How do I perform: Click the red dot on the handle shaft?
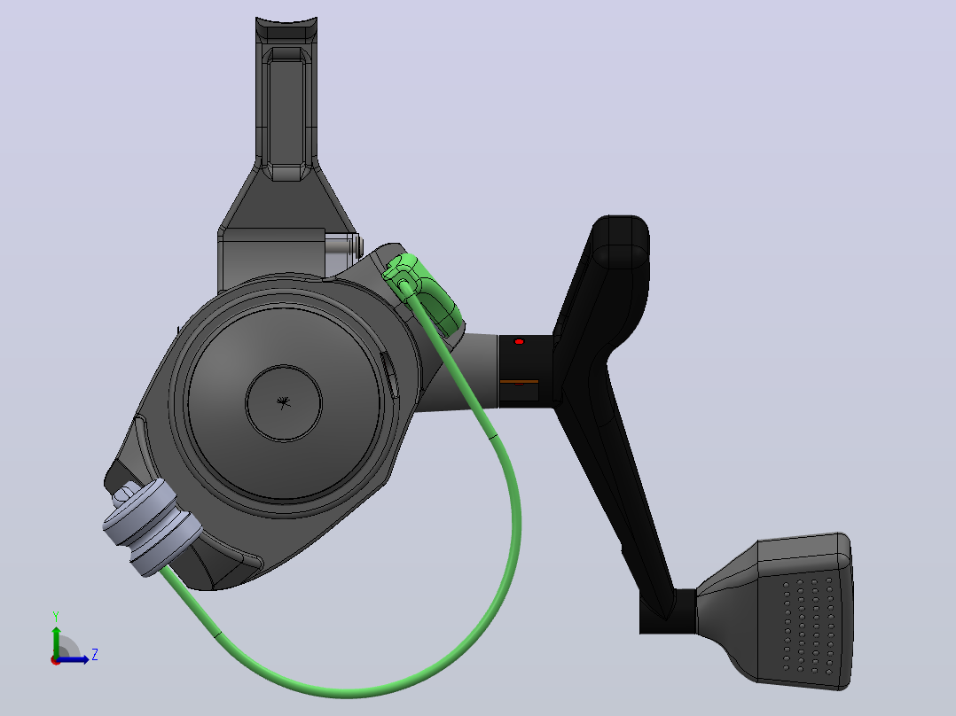[x=519, y=342]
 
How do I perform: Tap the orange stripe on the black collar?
[x=519, y=381]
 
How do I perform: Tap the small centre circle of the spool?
[x=284, y=403]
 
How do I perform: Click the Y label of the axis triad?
[x=56, y=617]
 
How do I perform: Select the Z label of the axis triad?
[x=95, y=655]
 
